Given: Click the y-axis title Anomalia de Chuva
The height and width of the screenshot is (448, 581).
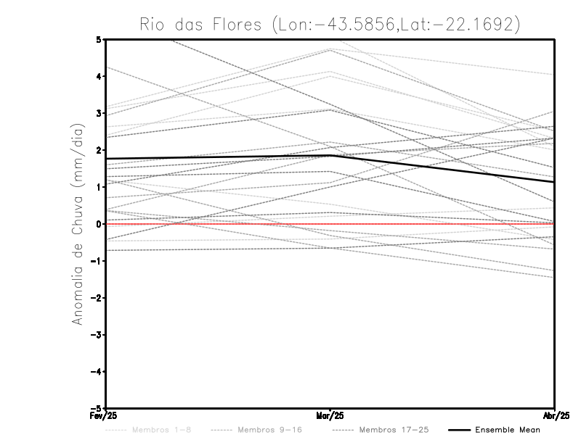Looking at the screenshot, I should pos(77,223).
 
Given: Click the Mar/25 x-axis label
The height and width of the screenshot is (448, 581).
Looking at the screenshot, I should pos(330,416).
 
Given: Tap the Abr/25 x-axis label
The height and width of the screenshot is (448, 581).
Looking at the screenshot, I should pos(555,416).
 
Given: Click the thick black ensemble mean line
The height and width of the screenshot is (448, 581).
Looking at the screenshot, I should pos(218,157).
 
